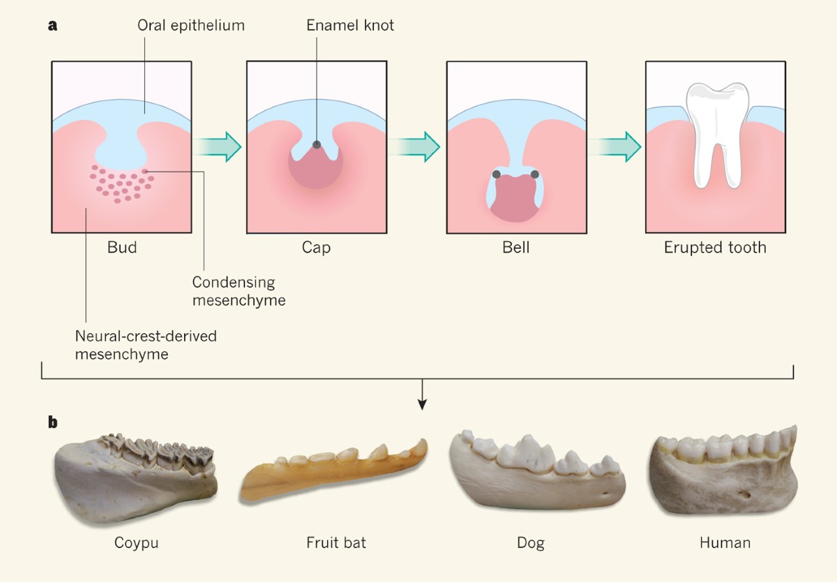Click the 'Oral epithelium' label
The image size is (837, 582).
191,26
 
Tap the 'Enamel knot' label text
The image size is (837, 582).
350,26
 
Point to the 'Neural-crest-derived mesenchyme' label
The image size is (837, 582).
146,344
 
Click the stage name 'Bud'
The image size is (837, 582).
122,247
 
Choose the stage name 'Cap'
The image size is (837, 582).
316,247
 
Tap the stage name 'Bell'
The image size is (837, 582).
515,247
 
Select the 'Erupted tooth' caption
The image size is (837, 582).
715,247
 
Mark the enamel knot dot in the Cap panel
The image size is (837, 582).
317,145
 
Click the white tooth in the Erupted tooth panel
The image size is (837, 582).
714,132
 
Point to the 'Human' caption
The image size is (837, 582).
725,542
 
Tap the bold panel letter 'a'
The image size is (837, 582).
52,26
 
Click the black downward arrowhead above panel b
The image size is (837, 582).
422,404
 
